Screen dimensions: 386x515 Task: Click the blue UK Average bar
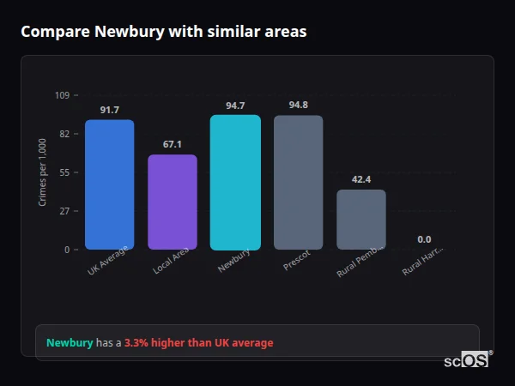(109, 184)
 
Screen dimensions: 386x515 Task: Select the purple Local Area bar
(173, 202)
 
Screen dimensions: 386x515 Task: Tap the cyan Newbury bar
(235, 182)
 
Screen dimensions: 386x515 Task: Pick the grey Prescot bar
(298, 182)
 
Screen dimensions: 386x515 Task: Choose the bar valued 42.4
(361, 220)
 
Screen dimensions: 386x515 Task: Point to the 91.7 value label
(109, 110)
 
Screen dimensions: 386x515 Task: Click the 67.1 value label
(173, 144)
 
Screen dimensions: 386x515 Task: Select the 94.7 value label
(235, 106)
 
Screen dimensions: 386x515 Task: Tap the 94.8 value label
(298, 105)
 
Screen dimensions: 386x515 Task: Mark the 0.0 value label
(424, 239)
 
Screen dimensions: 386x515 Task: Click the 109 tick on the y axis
(62, 95)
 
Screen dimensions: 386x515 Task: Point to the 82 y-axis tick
(64, 134)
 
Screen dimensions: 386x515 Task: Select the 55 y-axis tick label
(64, 172)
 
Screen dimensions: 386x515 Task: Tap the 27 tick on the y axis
(64, 211)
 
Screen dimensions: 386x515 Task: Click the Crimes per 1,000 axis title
(43, 172)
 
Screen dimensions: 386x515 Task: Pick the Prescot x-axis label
(297, 260)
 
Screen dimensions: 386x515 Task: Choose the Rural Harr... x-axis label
(423, 262)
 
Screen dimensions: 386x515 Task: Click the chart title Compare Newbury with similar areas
(163, 32)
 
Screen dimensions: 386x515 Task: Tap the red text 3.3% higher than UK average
(199, 343)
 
